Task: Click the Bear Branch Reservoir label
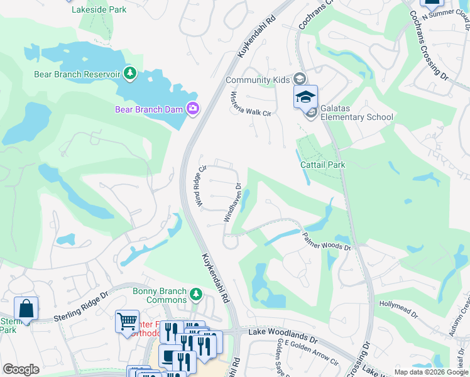(77, 74)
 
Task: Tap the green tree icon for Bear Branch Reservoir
(130, 74)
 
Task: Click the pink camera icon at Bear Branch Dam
(193, 109)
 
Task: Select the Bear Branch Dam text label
(148, 109)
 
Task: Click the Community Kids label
(258, 80)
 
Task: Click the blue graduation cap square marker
(305, 97)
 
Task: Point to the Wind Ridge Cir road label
(201, 186)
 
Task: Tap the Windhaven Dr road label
(231, 202)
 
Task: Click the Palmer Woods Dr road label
(326, 241)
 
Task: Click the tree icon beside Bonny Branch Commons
(197, 293)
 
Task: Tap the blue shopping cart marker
(127, 321)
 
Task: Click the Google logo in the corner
(21, 369)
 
